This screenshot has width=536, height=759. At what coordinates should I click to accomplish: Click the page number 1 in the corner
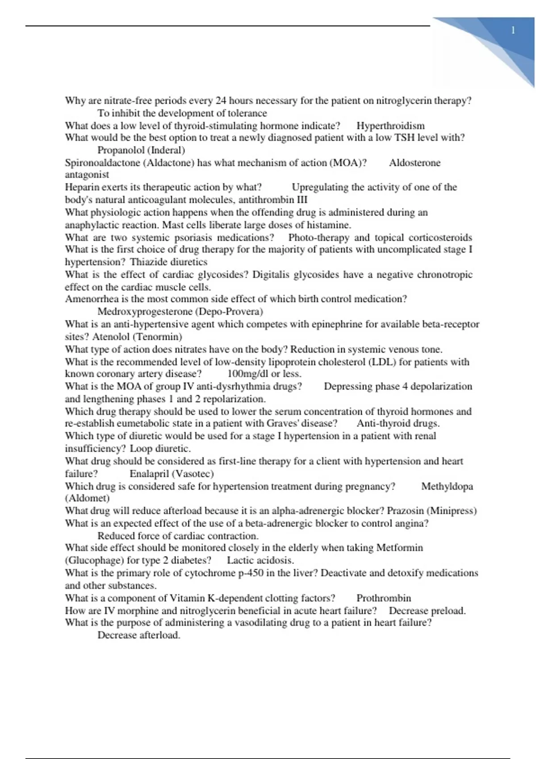[x=513, y=30]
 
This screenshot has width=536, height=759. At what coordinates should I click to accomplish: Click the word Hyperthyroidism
[x=390, y=126]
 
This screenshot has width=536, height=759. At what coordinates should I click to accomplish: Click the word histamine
[x=328, y=225]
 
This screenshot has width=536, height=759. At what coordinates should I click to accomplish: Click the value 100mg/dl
[x=248, y=374]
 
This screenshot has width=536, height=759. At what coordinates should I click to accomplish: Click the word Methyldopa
[x=447, y=486]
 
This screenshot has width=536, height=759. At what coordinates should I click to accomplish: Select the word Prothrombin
[x=384, y=598]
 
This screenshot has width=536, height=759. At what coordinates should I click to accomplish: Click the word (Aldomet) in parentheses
[x=87, y=498]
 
